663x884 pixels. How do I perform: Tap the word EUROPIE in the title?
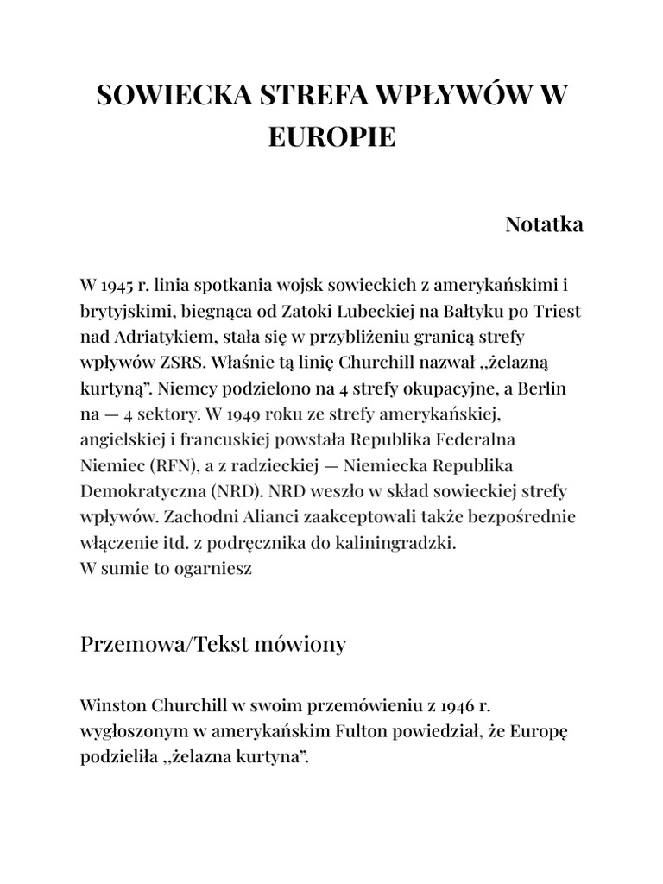331,136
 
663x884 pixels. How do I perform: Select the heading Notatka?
544,224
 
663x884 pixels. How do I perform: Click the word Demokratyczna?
134,492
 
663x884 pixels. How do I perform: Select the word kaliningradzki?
398,544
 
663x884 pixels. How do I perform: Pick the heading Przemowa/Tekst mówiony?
213,644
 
